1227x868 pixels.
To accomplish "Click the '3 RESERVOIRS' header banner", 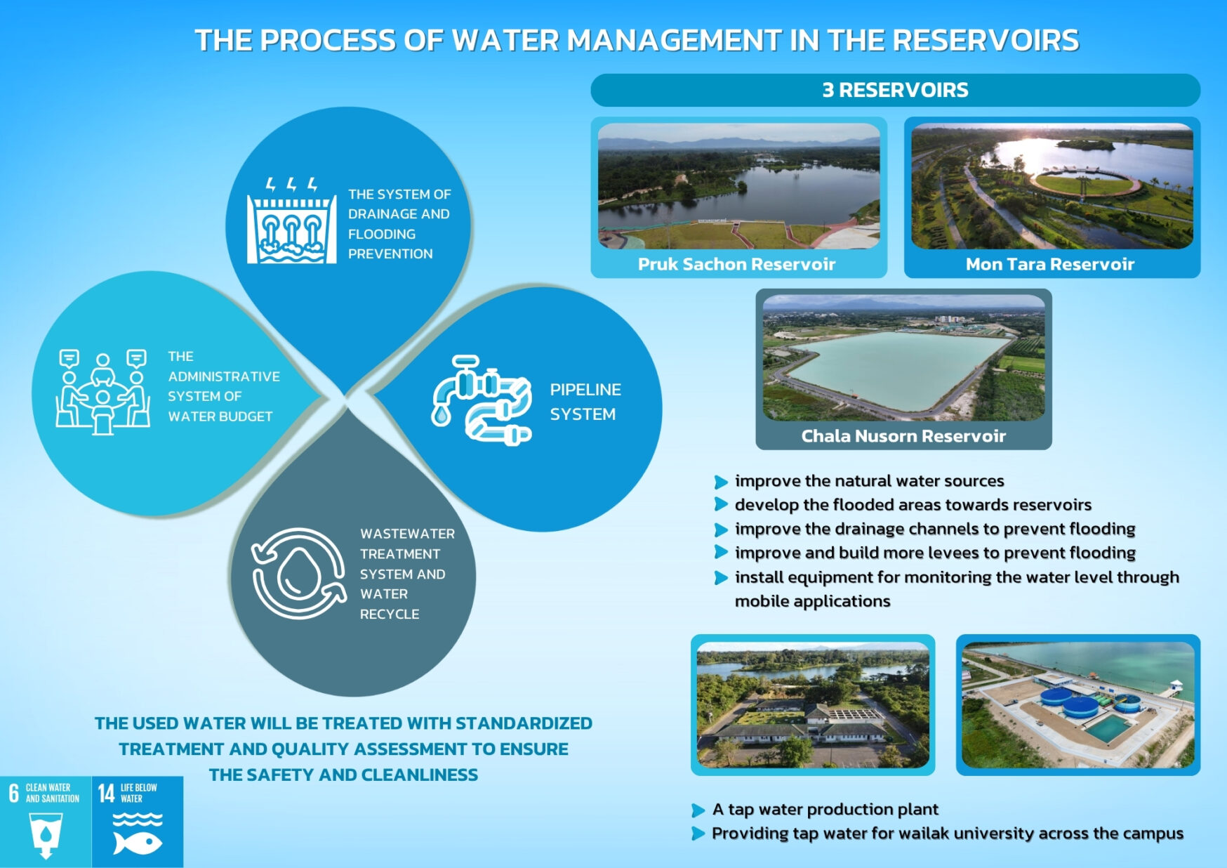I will (895, 90).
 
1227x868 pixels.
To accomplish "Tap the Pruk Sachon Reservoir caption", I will (736, 264).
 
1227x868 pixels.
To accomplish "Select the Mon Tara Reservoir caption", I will (1049, 264).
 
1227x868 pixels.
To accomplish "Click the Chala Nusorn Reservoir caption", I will (903, 436).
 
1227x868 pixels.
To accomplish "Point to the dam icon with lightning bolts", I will (291, 223).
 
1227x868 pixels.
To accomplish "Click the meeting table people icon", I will (102, 391).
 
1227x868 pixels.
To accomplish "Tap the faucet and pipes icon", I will (482, 400).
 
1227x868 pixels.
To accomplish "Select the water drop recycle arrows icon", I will (299, 574).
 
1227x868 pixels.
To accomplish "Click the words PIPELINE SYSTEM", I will (585, 402).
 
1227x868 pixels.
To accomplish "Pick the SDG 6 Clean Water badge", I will (46, 821).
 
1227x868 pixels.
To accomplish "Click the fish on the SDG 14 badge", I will (138, 842).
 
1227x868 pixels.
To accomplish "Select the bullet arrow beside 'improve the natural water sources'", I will (720, 482).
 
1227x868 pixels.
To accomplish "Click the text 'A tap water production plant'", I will (825, 809).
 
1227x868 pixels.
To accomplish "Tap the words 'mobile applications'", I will (812, 601).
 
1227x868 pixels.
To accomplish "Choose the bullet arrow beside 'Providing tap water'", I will (698, 834).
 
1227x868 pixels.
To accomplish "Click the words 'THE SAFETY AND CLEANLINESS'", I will (343, 775).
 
